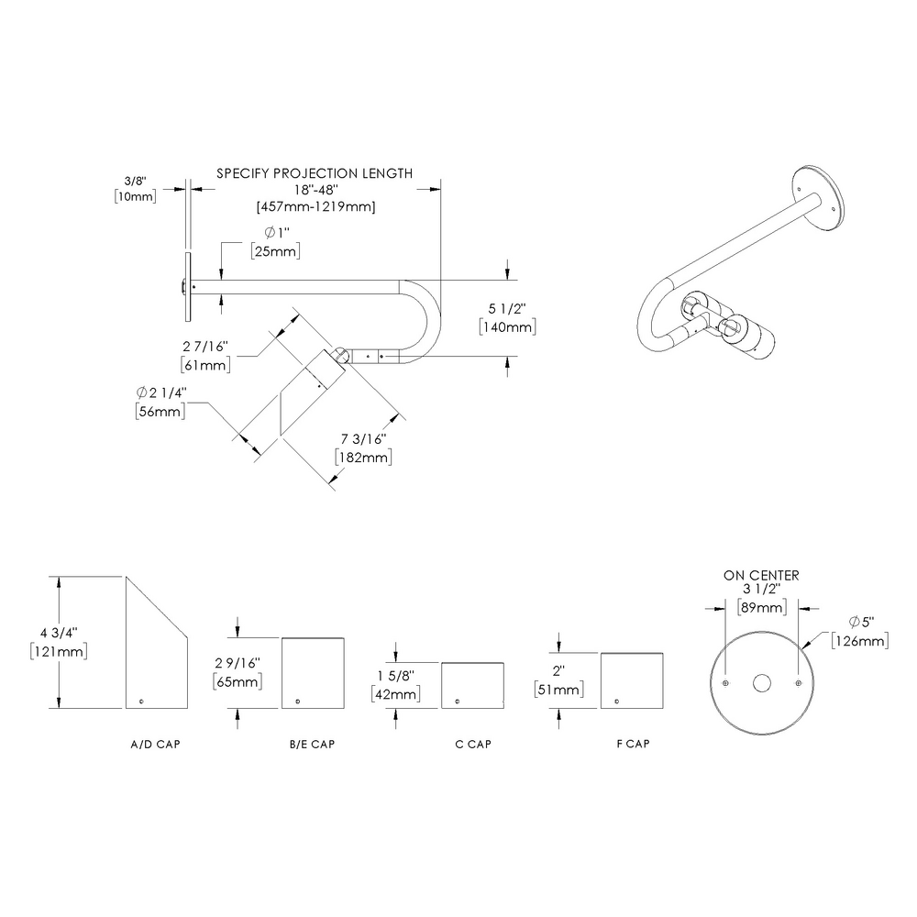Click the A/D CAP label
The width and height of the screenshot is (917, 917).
[155, 744]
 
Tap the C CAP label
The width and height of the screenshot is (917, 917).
[473, 744]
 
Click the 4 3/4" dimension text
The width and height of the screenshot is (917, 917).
[59, 633]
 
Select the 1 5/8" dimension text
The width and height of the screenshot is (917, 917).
[396, 676]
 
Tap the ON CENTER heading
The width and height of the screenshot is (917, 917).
[761, 575]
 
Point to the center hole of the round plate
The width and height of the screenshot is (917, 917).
[761, 683]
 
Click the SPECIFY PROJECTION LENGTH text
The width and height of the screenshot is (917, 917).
[314, 172]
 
